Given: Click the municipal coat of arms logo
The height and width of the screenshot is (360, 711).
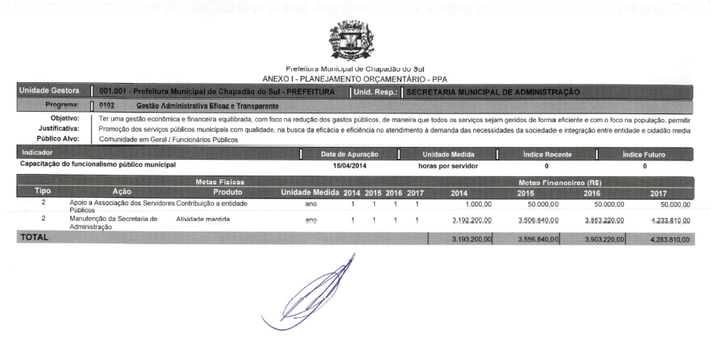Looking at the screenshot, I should tap(355, 39).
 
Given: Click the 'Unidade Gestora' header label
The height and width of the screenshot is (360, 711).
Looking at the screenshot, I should tap(47, 92).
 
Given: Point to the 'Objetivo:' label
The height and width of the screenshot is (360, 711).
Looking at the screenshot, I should tap(65, 118).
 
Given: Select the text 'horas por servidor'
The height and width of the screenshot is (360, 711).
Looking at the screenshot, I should tap(448, 164).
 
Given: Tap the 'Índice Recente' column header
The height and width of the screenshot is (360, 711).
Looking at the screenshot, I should tap(547, 153).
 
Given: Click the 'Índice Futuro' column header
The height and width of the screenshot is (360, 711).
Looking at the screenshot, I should tap(645, 153).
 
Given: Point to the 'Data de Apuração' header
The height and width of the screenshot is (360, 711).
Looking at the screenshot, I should tap(349, 153).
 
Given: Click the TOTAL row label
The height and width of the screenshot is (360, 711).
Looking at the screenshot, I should tap(34, 237).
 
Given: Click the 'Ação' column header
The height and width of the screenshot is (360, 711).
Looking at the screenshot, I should tap(122, 192).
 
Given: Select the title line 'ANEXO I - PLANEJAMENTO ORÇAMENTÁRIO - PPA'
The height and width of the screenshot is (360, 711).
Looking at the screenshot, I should tap(355, 79).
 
